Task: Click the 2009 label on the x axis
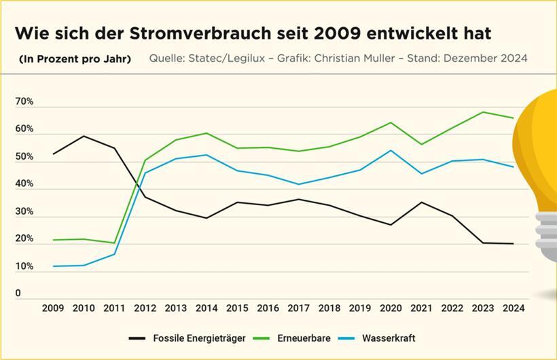point(53,308)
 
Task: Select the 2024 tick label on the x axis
point(514,308)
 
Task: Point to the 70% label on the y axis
point(24,102)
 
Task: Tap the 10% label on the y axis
point(24,267)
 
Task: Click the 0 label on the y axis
point(18,293)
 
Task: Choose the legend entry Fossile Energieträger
point(192,338)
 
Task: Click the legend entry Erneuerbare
point(304,338)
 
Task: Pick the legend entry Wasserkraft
point(388,338)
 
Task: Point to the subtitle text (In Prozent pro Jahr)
point(75,59)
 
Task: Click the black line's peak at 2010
point(84,136)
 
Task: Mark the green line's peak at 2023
point(483,112)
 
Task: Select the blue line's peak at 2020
point(391,150)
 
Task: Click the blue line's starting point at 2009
point(53,266)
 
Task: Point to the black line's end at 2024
point(514,244)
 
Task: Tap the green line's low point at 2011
point(114,242)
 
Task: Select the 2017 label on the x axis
point(298,308)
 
